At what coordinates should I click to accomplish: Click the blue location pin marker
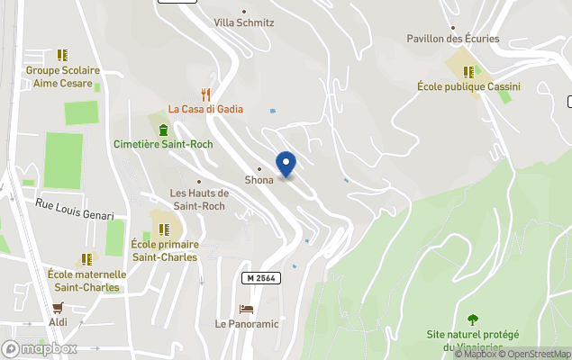(x=286, y=165)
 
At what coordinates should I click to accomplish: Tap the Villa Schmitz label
(x=243, y=22)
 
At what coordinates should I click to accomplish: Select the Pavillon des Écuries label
(x=466, y=39)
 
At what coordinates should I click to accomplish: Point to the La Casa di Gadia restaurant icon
(x=205, y=94)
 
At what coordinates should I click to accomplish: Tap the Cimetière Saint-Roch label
(x=163, y=144)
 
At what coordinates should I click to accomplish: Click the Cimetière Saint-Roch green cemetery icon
(x=163, y=129)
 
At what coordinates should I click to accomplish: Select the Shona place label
(x=259, y=180)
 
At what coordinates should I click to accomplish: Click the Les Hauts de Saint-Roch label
(x=199, y=199)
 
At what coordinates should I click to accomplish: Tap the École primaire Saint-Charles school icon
(x=164, y=229)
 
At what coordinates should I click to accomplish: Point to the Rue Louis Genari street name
(x=75, y=210)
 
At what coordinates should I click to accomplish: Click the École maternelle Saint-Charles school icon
(x=86, y=259)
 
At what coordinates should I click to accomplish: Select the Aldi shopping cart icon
(x=58, y=307)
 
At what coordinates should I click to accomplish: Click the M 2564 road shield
(x=261, y=279)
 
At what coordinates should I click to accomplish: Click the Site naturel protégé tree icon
(x=473, y=319)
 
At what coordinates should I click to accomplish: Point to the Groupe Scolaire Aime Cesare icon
(x=62, y=55)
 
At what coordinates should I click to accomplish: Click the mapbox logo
(x=40, y=348)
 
